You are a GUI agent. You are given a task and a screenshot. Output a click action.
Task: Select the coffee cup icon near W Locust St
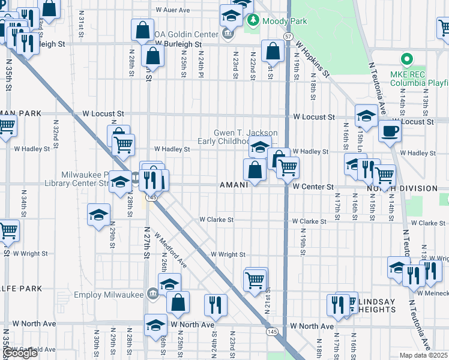coord(390,131)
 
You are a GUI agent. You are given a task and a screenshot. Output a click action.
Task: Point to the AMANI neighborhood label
coord(234,185)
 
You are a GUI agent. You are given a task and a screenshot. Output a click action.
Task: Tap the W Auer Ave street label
coord(172,10)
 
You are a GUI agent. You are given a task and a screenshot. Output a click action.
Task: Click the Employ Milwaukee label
coord(109,295)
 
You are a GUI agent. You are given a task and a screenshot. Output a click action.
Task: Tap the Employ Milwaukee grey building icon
coord(153,293)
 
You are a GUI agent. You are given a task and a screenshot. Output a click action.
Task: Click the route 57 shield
coord(289,37)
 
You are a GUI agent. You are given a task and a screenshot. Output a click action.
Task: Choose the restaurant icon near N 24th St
coord(215,305)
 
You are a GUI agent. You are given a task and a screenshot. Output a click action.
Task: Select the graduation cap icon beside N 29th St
coord(99,215)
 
